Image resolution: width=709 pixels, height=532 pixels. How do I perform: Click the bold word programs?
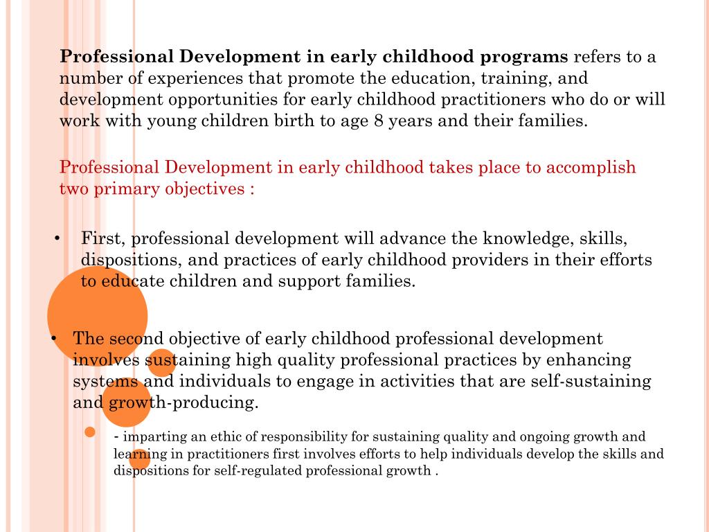[x=526, y=57]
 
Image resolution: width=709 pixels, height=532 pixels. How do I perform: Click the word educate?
[x=132, y=282]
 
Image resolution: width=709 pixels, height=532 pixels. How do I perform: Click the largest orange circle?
[x=97, y=315]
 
